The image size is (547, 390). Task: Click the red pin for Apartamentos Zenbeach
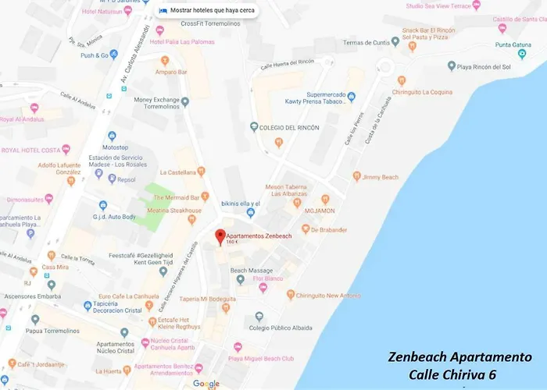(220, 235)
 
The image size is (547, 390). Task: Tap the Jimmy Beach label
(381, 177)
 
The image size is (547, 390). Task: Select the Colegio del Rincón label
(289, 127)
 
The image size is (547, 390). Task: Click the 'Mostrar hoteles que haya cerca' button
(207, 11)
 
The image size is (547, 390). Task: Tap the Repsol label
(126, 179)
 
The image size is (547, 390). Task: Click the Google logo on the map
(206, 384)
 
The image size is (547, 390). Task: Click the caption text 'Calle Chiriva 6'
(452, 375)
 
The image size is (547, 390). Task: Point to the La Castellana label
(178, 172)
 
